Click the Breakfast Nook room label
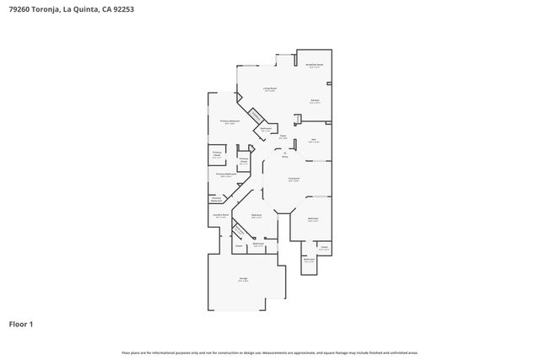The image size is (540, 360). point(314,65)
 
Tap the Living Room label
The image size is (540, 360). point(270,89)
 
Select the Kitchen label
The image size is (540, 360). point(315,100)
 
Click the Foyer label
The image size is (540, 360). point(284,136)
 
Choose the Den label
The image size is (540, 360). point(313,139)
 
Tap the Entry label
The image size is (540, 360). point(284,156)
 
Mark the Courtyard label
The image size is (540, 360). point(294,179)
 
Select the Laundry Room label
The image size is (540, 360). point(219,215)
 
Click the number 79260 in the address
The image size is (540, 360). point(20,10)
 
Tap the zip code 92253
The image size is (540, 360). point(121,10)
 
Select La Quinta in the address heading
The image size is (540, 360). point(84,10)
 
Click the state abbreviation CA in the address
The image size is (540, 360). point(105,10)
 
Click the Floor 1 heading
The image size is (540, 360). point(21,324)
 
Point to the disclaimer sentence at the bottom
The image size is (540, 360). point(269,352)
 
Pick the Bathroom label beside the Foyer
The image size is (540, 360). point(266,130)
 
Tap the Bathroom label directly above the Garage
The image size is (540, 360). point(259,244)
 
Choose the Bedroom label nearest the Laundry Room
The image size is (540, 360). point(256,216)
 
